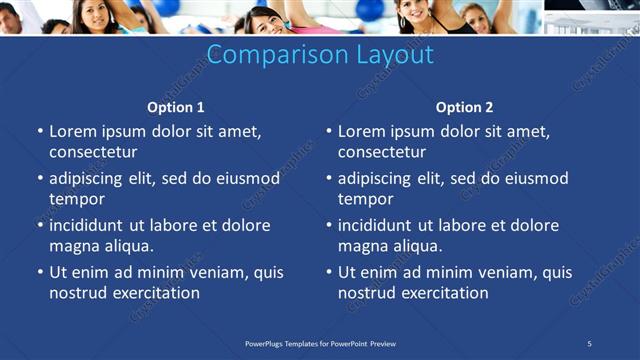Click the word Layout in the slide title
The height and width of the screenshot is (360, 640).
pyautogui.click(x=393, y=54)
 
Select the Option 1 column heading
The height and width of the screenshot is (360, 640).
pyautogui.click(x=176, y=107)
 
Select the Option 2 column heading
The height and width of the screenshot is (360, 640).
pyautogui.click(x=464, y=107)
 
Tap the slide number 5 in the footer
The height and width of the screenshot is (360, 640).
pyautogui.click(x=589, y=343)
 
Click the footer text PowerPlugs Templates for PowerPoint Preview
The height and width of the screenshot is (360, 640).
pyautogui.click(x=320, y=343)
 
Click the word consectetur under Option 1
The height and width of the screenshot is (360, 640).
pyautogui.click(x=93, y=152)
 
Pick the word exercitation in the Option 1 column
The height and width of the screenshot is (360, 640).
pyautogui.click(x=156, y=293)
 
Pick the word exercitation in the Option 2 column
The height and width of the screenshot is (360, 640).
pyautogui.click(x=444, y=293)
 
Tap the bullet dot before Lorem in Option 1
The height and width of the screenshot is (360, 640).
pyautogui.click(x=40, y=131)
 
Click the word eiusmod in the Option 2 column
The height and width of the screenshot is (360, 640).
pyautogui.click(x=530, y=178)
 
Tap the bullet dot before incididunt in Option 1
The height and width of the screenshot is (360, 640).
pyautogui.click(x=40, y=225)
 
